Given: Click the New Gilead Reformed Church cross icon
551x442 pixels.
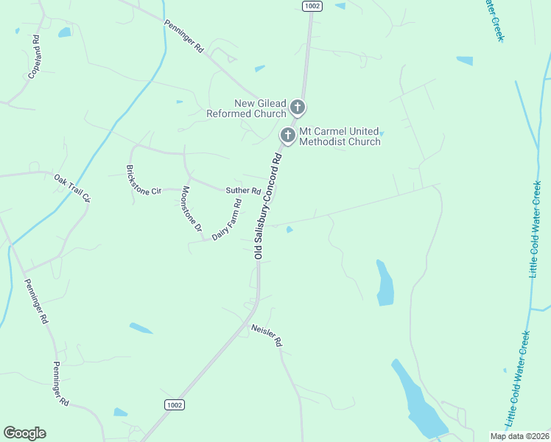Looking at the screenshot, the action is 298,108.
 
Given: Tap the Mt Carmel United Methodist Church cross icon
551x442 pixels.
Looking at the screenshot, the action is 288,136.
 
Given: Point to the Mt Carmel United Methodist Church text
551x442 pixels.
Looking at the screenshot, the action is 340,136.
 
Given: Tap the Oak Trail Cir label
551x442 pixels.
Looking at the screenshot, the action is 71,187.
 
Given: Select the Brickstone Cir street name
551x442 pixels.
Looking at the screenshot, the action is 143,180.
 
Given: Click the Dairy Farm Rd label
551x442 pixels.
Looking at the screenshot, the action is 226,221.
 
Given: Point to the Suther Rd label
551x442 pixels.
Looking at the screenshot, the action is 243,191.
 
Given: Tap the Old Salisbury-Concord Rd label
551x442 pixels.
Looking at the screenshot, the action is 267,206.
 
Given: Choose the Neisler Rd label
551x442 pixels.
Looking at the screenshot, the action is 267,336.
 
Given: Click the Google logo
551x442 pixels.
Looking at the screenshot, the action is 24,433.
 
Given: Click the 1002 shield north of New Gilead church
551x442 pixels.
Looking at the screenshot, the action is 312,5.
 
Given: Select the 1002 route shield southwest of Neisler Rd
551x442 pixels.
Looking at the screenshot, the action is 174,404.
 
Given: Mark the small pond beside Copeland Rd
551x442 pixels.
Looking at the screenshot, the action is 64,32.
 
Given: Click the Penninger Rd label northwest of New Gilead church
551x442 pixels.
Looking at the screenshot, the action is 183,36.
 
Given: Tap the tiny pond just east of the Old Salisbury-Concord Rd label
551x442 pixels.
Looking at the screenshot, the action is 289,230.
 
